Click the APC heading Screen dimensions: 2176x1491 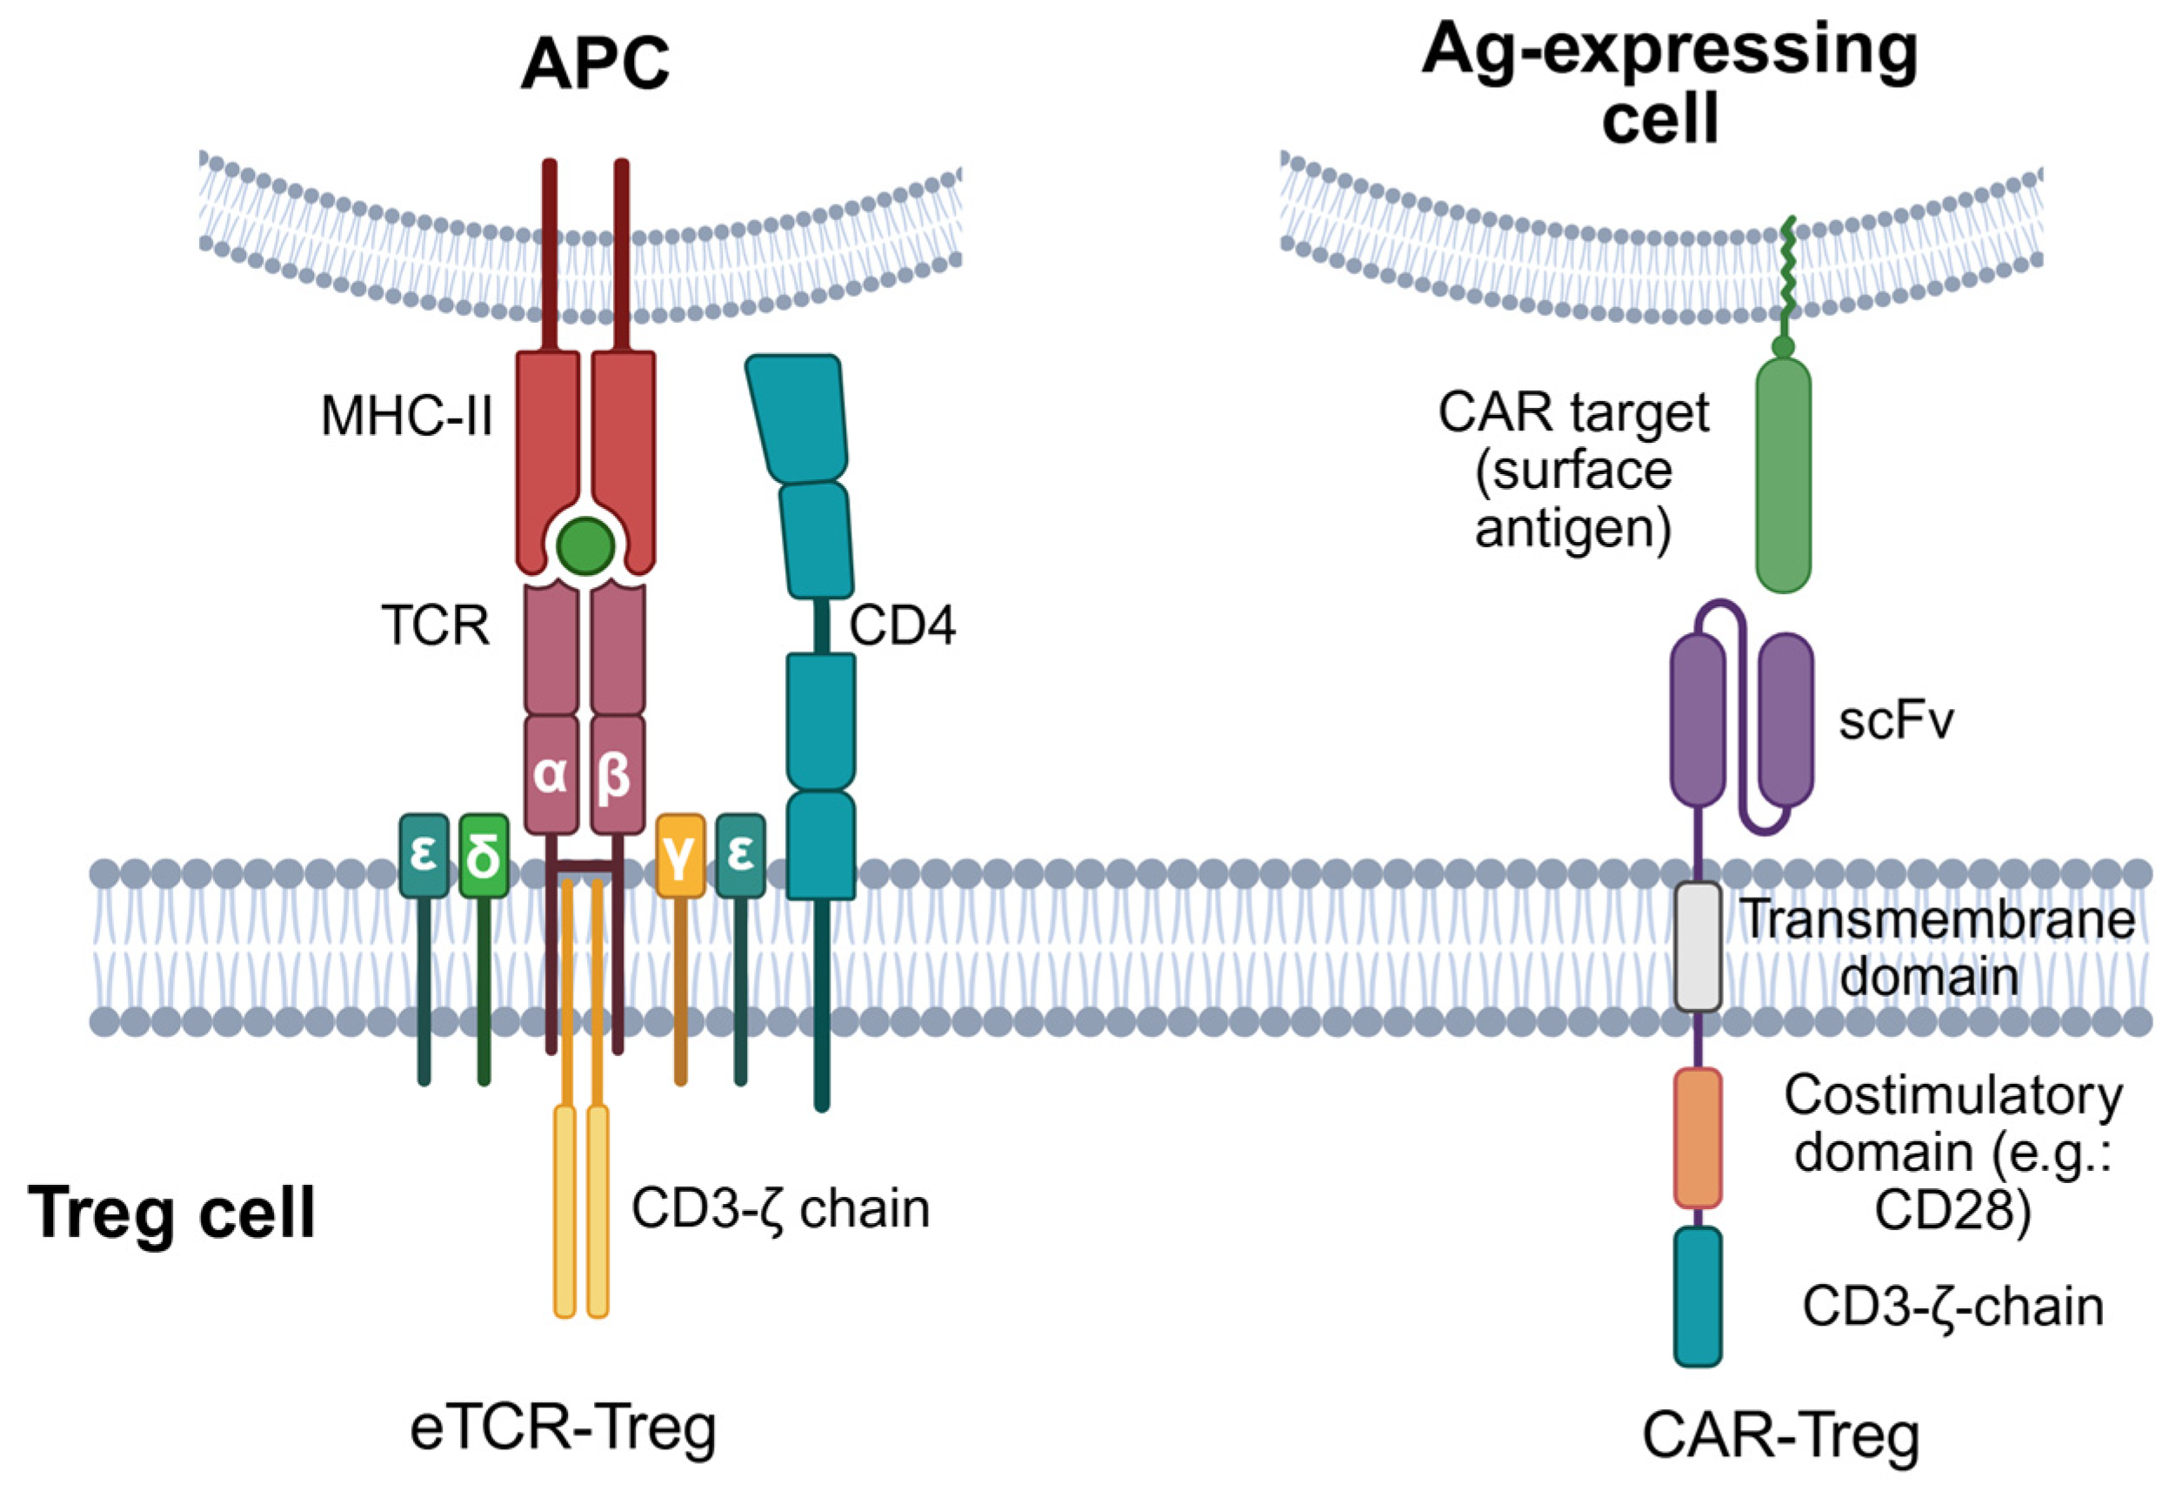(x=596, y=63)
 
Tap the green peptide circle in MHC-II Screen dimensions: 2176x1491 (x=586, y=546)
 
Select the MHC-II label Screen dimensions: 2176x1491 (x=406, y=416)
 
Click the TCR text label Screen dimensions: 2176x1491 (x=436, y=625)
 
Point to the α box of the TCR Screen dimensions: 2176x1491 (x=551, y=774)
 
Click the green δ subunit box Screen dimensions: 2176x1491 (x=484, y=856)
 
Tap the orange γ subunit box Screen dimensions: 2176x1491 (x=681, y=856)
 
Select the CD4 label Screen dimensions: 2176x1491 (x=903, y=625)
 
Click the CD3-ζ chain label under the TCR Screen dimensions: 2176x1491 (x=781, y=1209)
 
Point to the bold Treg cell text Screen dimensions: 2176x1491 (x=172, y=1212)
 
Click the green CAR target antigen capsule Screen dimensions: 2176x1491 (x=1784, y=475)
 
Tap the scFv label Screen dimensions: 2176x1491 (x=1896, y=721)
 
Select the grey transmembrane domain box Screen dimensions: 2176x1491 (x=1698, y=946)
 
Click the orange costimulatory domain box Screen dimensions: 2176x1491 (x=1698, y=1138)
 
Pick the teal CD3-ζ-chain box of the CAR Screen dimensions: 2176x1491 (x=1698, y=1296)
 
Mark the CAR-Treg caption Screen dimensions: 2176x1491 (x=1781, y=1434)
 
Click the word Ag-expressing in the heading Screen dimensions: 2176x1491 (x=1671, y=52)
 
